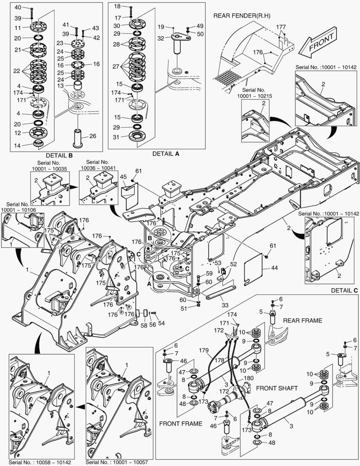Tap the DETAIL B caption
point(59,155)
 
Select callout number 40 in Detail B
point(17,8)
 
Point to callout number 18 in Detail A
point(117,6)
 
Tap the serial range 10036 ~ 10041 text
point(97,167)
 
